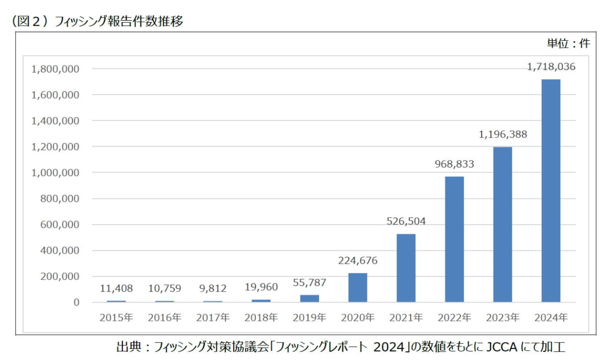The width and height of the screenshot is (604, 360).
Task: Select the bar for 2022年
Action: tap(455, 239)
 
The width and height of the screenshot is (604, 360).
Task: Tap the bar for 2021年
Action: tap(406, 268)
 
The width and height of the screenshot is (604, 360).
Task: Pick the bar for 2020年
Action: tap(357, 287)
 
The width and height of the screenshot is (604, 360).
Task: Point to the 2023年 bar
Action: tap(502, 224)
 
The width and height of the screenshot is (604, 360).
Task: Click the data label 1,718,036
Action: tap(551, 66)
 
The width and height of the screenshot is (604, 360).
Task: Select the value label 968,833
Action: tap(455, 164)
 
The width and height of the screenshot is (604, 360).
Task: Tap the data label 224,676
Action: tap(357, 261)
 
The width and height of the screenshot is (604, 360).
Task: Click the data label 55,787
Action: tap(309, 283)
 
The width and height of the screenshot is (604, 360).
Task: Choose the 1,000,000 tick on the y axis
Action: tap(55, 173)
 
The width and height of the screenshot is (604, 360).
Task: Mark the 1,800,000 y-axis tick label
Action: tap(55, 69)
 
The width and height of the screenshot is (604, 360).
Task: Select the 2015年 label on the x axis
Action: tap(116, 318)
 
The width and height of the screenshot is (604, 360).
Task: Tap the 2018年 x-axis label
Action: tap(261, 318)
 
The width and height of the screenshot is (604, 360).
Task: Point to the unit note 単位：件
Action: tap(568, 43)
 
